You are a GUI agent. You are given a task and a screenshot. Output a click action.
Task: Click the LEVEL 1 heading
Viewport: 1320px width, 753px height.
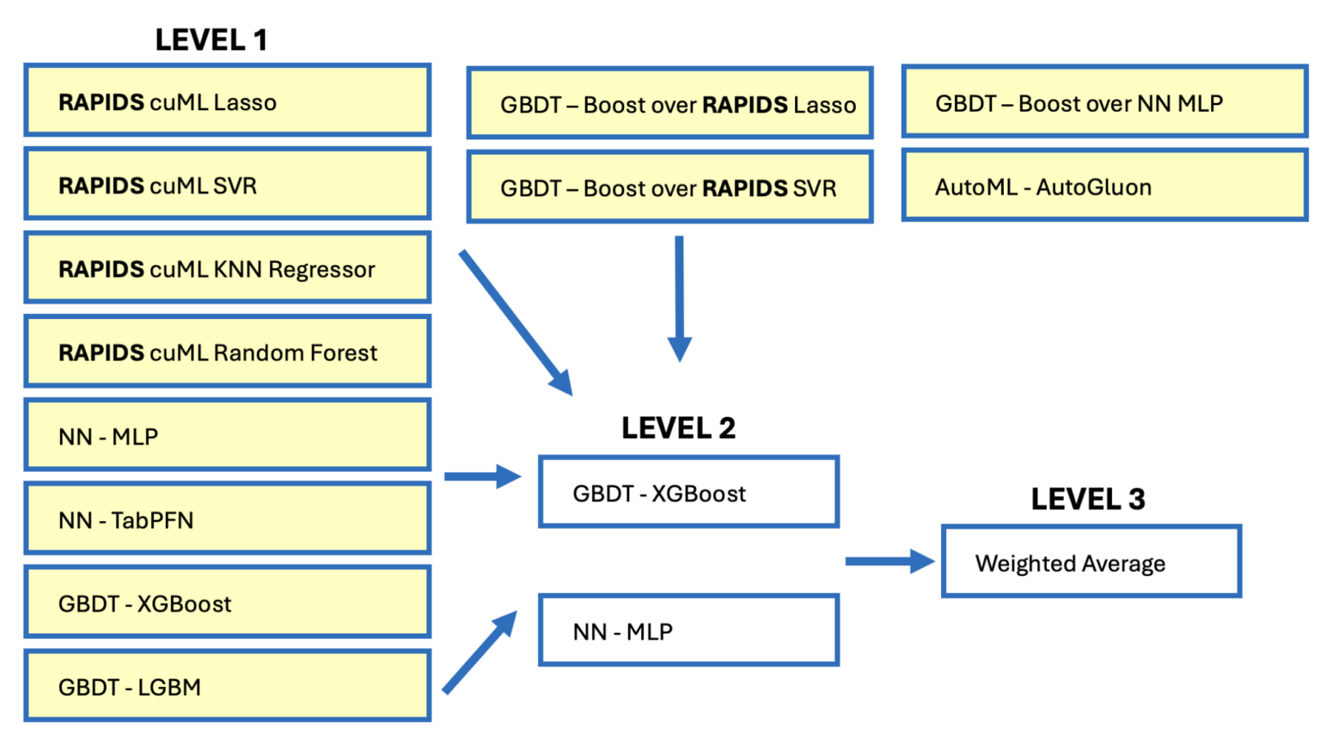tap(211, 40)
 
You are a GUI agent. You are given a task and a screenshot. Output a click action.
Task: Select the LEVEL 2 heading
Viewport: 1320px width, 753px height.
tap(678, 427)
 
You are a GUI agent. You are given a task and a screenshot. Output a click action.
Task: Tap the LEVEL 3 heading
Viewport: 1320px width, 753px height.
tap(1087, 499)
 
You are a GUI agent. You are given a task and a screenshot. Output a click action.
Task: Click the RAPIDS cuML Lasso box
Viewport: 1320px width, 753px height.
tap(227, 101)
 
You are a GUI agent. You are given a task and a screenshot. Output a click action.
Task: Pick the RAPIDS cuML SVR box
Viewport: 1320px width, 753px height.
tap(227, 184)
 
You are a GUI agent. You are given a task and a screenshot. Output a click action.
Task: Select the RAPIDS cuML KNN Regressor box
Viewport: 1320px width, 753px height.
tap(227, 267)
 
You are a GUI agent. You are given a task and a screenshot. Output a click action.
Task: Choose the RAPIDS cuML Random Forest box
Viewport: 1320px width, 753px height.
tap(227, 352)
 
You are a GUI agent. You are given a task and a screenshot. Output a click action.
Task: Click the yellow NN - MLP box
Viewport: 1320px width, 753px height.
tap(227, 435)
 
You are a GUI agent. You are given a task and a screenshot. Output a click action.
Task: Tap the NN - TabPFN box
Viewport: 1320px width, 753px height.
tap(227, 518)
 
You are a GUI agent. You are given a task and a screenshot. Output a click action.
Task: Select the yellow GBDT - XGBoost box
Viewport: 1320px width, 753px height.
tap(227, 602)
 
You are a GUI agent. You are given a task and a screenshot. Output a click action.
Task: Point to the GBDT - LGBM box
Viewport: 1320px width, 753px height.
tap(227, 686)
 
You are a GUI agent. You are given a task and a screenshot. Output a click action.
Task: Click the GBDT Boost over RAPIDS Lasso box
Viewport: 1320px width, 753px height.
tap(669, 103)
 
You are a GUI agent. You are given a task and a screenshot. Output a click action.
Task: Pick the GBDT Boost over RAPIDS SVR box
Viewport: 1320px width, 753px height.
tap(669, 187)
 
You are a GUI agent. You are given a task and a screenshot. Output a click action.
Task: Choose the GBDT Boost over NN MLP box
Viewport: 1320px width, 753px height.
tap(1104, 102)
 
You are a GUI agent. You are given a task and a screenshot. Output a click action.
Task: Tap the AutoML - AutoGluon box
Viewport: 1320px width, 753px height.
tap(1104, 186)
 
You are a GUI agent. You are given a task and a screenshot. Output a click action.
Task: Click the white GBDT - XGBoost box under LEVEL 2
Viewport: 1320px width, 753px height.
tap(688, 492)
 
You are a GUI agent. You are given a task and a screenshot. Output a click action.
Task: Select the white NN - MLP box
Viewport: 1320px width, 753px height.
tap(688, 630)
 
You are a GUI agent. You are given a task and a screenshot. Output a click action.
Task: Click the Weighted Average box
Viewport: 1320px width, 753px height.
tap(1091, 562)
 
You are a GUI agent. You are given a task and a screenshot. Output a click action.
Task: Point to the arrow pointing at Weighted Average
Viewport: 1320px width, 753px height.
tap(889, 561)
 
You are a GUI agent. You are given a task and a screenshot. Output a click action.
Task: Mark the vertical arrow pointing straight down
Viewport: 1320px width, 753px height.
tap(679, 297)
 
